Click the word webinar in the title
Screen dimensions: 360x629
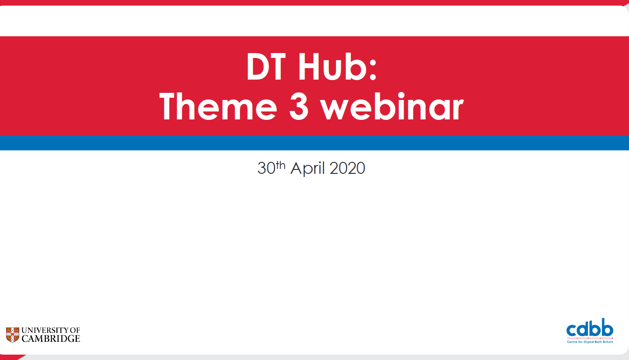click(x=392, y=107)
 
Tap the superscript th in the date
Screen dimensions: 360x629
click(x=281, y=165)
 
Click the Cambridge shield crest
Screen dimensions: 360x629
click(x=12, y=335)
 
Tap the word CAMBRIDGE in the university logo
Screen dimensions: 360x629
click(x=51, y=339)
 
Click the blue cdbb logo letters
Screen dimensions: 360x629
click(x=590, y=329)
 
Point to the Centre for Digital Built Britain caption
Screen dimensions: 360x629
click(x=590, y=342)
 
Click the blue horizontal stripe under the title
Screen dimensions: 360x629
click(x=314, y=143)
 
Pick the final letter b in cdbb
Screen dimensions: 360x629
click(x=608, y=329)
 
